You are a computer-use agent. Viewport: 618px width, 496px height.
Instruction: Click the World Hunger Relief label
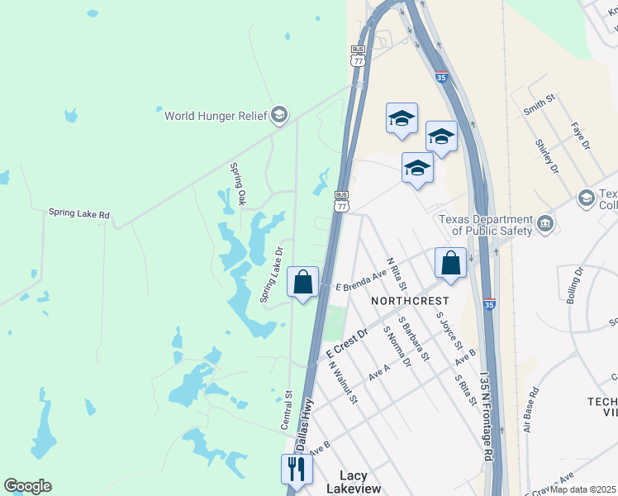point(216,116)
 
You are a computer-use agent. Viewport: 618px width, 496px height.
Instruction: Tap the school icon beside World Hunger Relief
point(279,115)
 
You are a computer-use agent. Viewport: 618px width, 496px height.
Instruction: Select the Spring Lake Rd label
point(78,213)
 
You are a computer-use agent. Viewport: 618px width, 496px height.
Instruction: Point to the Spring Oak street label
point(238,184)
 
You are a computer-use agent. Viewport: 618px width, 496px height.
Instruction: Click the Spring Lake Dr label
point(272,274)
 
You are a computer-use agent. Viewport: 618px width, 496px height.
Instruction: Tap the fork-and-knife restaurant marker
point(297,470)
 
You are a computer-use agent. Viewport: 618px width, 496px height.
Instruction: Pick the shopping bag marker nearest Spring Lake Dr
point(303,282)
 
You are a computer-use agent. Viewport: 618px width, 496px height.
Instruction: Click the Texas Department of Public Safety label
point(485,224)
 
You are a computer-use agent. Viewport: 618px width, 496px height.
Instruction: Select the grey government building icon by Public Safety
point(544,223)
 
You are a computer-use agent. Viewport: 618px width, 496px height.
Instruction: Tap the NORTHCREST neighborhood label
point(410,301)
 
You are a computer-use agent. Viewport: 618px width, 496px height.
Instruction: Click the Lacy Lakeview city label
point(354,482)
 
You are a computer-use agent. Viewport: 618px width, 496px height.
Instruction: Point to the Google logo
point(27,486)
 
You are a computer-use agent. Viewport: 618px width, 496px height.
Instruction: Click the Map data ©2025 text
point(583,489)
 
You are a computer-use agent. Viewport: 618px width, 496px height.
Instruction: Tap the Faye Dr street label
point(581,136)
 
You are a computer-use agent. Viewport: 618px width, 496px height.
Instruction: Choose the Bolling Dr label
point(575,285)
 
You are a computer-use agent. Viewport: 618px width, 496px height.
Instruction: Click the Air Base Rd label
point(530,410)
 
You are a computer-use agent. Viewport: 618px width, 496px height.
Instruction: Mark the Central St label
point(286,410)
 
